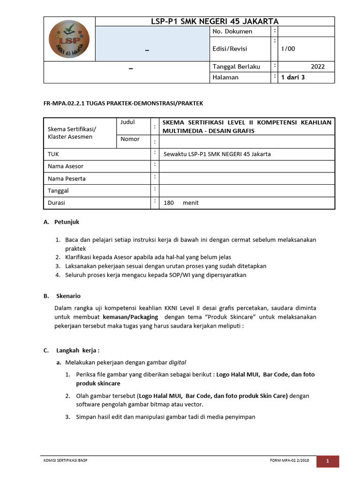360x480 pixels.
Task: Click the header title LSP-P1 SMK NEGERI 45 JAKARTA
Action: [215, 22]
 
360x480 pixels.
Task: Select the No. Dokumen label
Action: [232, 31]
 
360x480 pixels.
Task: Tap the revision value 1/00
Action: [288, 49]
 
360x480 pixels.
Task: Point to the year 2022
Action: [317, 67]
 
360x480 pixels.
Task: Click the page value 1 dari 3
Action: [293, 77]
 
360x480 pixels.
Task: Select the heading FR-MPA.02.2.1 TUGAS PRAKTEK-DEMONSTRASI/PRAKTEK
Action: [123, 103]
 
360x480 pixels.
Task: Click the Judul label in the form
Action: [127, 122]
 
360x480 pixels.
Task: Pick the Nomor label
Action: [130, 139]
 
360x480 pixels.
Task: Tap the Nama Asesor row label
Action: [66, 166]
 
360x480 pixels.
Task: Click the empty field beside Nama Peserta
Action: [247, 178]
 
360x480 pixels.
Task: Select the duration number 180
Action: [169, 203]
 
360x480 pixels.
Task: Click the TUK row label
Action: [53, 154]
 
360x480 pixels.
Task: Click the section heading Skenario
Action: [68, 296]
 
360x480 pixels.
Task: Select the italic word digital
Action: [177, 362]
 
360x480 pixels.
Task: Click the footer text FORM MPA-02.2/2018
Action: [290, 461]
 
